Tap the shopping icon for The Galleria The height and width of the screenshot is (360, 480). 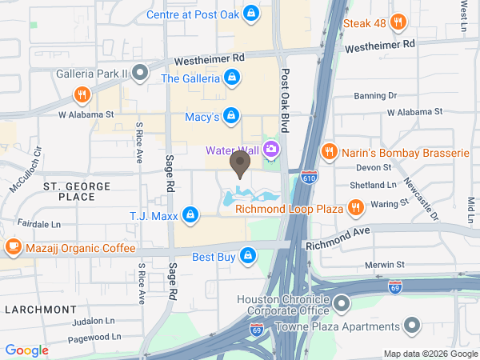[x=231, y=78]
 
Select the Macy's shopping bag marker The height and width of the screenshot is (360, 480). [x=231, y=116]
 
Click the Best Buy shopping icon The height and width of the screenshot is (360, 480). [x=248, y=256]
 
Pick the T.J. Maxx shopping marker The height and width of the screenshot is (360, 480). [x=190, y=214]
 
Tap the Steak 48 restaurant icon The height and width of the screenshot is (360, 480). [x=329, y=23]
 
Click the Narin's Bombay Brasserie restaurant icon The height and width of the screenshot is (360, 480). [x=328, y=151]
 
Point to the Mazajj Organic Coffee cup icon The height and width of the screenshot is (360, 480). [x=12, y=247]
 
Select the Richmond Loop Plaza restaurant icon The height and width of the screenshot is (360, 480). [x=356, y=209]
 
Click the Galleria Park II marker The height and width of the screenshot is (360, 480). [x=139, y=74]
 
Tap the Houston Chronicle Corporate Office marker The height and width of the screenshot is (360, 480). [x=342, y=304]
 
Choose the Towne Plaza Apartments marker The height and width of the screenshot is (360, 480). [x=412, y=326]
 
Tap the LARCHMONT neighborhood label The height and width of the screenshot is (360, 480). [x=38, y=309]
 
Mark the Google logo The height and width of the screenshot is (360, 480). [x=26, y=350]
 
